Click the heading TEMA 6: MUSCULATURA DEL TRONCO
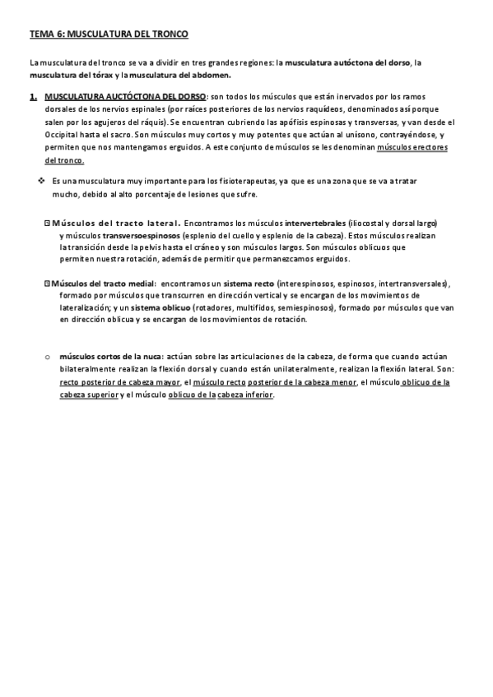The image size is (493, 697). point(109,35)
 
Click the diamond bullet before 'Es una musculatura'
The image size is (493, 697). point(41,180)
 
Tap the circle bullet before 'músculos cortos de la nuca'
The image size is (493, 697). point(48,358)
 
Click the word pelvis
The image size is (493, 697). point(163,247)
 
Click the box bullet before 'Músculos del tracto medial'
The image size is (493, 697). point(47,284)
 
